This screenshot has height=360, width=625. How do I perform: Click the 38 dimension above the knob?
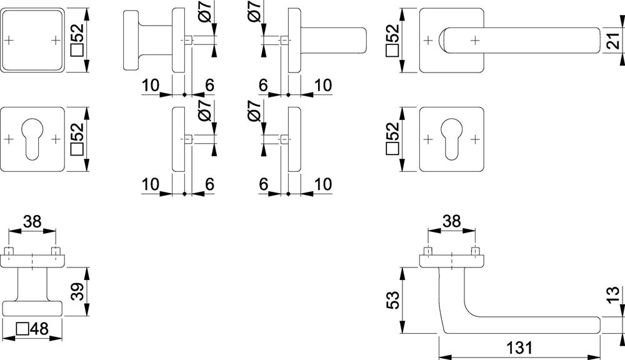coord(32,221)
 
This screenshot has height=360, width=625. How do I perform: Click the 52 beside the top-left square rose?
coord(77,40)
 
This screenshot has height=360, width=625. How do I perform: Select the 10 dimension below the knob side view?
coord(151,85)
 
